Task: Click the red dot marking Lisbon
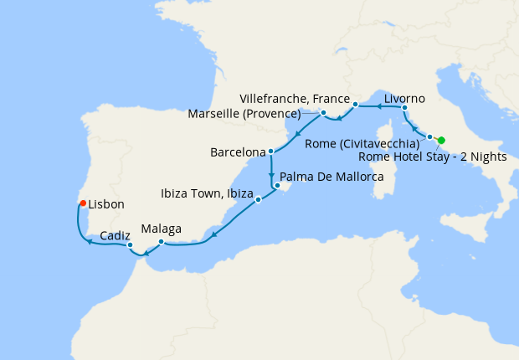coord(82,203)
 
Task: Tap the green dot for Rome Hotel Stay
coord(441,141)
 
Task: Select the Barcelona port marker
coord(271,152)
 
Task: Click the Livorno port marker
coord(404,108)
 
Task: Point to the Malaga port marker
coord(161,242)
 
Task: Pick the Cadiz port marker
coord(130,245)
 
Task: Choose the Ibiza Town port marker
coord(258,199)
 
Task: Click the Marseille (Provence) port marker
coord(323,112)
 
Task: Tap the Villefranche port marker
coord(356,105)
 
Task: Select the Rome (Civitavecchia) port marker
coord(429,136)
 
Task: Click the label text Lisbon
coord(106,203)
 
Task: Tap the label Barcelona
coord(238,153)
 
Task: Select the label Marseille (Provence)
coord(256,113)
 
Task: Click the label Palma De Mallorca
coord(332,177)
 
